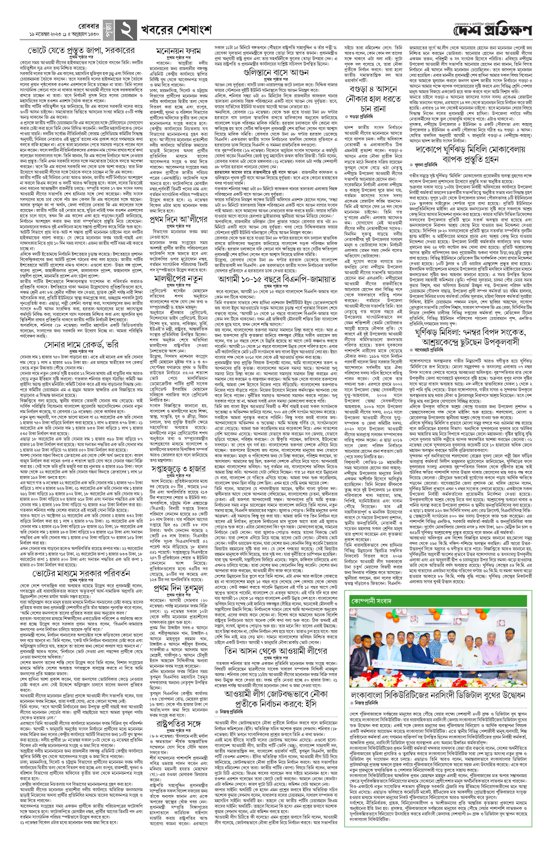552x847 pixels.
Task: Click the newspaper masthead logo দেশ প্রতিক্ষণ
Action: tap(492, 30)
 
